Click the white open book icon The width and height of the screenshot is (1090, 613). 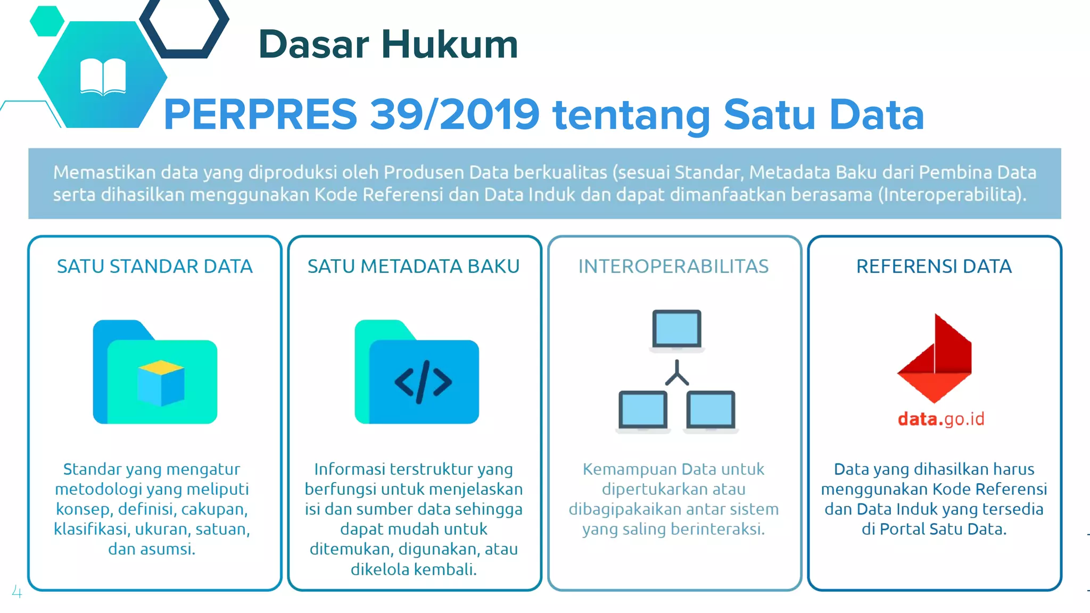click(x=103, y=77)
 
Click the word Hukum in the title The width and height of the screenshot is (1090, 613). click(x=450, y=44)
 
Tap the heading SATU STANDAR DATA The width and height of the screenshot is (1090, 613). click(x=154, y=266)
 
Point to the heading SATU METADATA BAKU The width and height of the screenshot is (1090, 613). click(x=414, y=266)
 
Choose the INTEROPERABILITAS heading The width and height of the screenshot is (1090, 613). click(x=673, y=266)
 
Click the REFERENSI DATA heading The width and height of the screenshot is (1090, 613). click(x=934, y=266)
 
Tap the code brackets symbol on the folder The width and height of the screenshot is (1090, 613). click(x=423, y=382)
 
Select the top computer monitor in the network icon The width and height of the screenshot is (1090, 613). click(x=676, y=329)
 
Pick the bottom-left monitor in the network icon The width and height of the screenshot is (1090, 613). click(x=642, y=410)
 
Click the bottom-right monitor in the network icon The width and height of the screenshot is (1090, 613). click(x=711, y=410)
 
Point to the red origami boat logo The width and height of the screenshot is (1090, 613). click(x=935, y=359)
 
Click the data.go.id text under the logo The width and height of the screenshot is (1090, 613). click(x=941, y=419)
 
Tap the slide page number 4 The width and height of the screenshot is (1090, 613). click(x=17, y=592)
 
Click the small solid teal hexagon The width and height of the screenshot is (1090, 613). click(x=47, y=21)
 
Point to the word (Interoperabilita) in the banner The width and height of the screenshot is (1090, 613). click(x=952, y=195)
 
